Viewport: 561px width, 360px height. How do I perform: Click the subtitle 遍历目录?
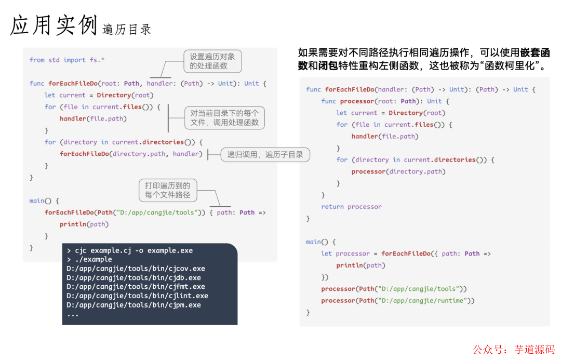tap(127, 30)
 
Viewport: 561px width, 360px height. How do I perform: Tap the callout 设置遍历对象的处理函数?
tap(212, 61)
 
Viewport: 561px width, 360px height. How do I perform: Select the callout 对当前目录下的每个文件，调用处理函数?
tap(224, 118)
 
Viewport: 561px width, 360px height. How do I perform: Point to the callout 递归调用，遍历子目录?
tap(265, 154)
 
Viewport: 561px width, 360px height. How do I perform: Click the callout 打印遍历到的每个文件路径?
tap(168, 190)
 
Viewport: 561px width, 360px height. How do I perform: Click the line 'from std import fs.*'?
tap(67, 60)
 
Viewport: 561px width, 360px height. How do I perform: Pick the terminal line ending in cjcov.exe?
tap(136, 269)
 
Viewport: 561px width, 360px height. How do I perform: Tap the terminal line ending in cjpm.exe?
tap(133, 305)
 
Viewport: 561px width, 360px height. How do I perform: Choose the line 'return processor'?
tap(351, 207)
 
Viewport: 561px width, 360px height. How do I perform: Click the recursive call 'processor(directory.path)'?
tap(398, 171)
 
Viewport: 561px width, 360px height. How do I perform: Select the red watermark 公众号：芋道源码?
tap(514, 350)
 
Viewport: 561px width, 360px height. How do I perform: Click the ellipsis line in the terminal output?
tap(73, 314)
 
